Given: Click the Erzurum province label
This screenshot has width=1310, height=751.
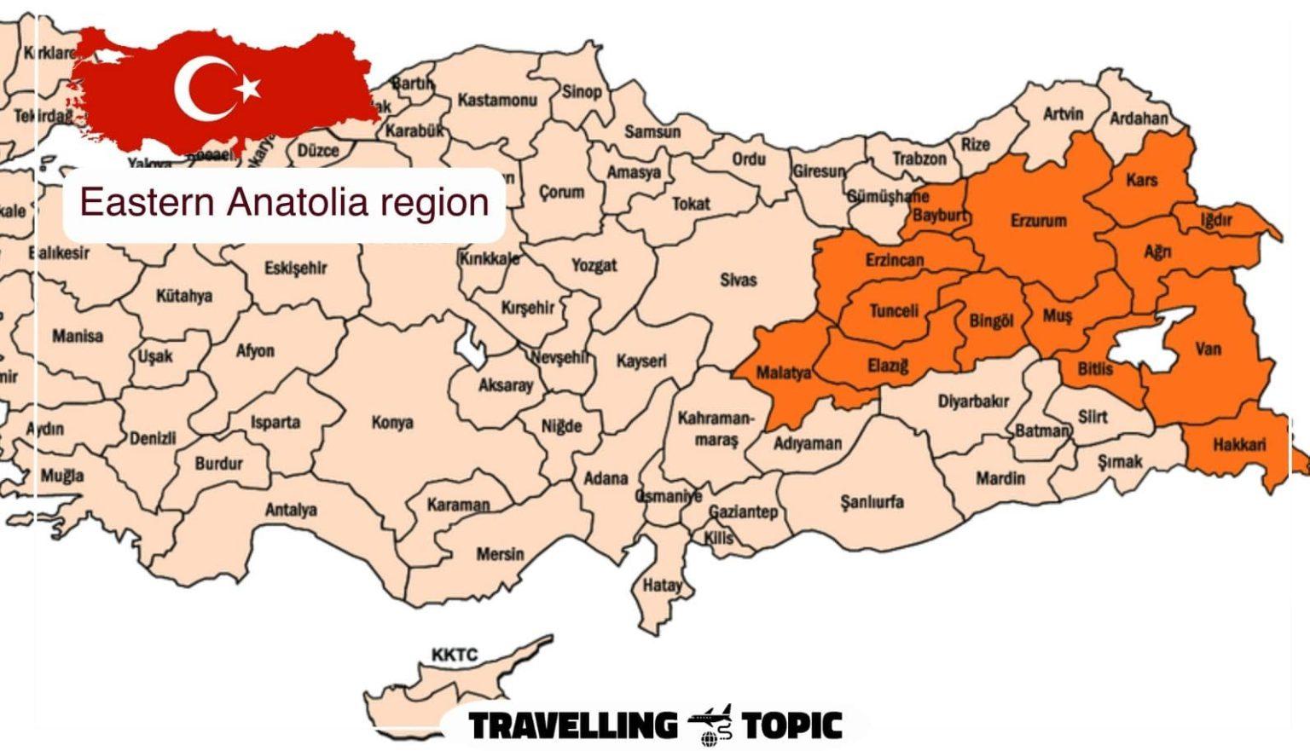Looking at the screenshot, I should tap(1038, 221).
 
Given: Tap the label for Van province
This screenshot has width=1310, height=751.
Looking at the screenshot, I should tap(1208, 349).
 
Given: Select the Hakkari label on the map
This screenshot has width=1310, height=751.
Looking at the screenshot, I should tap(1238, 444).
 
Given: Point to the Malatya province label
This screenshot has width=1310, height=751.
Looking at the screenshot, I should tap(784, 373).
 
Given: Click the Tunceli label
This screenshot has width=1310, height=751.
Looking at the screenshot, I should tap(893, 311).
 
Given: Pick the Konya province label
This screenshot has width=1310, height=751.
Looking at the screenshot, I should tap(392, 422).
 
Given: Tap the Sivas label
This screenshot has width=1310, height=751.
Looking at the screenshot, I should tap(738, 280).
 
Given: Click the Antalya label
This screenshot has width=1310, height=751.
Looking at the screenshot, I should tap(291, 510).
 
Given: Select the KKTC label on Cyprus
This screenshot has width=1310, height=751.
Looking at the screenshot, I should tap(454, 655).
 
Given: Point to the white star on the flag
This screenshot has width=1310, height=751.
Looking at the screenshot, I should tap(248, 87).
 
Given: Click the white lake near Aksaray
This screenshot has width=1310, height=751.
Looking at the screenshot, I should tap(470, 347).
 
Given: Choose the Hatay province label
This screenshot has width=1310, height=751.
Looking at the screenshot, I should tap(662, 585).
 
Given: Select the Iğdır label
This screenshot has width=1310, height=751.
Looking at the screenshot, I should tap(1216, 220).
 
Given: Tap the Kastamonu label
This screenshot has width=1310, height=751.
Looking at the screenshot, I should tap(497, 100).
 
